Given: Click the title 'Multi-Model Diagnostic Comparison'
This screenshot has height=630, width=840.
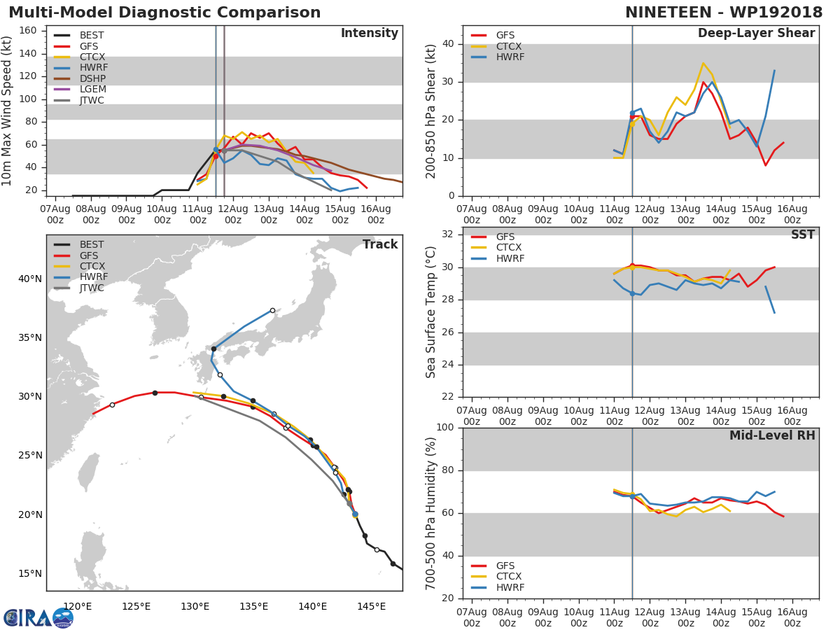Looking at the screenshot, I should click(x=164, y=13).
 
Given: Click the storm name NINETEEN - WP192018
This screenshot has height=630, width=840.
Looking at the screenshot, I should click(x=724, y=13).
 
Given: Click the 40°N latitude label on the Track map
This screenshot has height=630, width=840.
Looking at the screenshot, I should click(x=30, y=279).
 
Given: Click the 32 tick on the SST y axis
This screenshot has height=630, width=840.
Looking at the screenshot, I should click(x=449, y=234).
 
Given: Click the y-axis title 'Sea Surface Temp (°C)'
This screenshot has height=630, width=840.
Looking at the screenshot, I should click(x=431, y=311).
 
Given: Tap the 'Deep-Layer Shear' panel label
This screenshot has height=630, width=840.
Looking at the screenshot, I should click(x=756, y=34).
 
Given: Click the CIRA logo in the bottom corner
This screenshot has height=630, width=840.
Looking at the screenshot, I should click(x=38, y=617).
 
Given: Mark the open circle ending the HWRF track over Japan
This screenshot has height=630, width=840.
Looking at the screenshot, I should click(x=272, y=310).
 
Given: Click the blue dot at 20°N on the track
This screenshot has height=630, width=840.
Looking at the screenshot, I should click(x=355, y=514).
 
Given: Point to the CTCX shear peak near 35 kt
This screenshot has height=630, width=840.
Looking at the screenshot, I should click(x=703, y=63).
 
